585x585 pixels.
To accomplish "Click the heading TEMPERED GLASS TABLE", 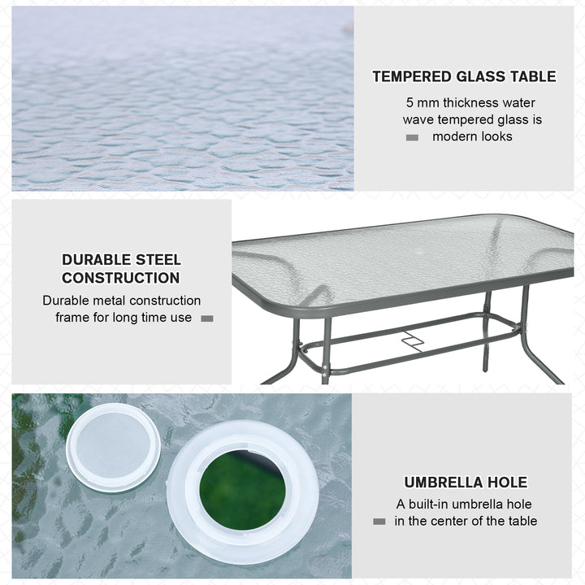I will point(464,76).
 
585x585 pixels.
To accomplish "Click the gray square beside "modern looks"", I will point(412,137).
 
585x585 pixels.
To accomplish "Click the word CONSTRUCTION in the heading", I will point(121,278).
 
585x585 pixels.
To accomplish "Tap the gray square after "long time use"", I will point(206,318).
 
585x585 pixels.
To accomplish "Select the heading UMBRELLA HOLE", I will point(466,483).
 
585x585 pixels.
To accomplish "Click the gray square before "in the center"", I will point(379,522).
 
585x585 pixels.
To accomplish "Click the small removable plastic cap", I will point(113,448).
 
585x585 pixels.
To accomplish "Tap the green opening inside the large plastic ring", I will point(242,490).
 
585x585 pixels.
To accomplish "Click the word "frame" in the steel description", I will point(72,318).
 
